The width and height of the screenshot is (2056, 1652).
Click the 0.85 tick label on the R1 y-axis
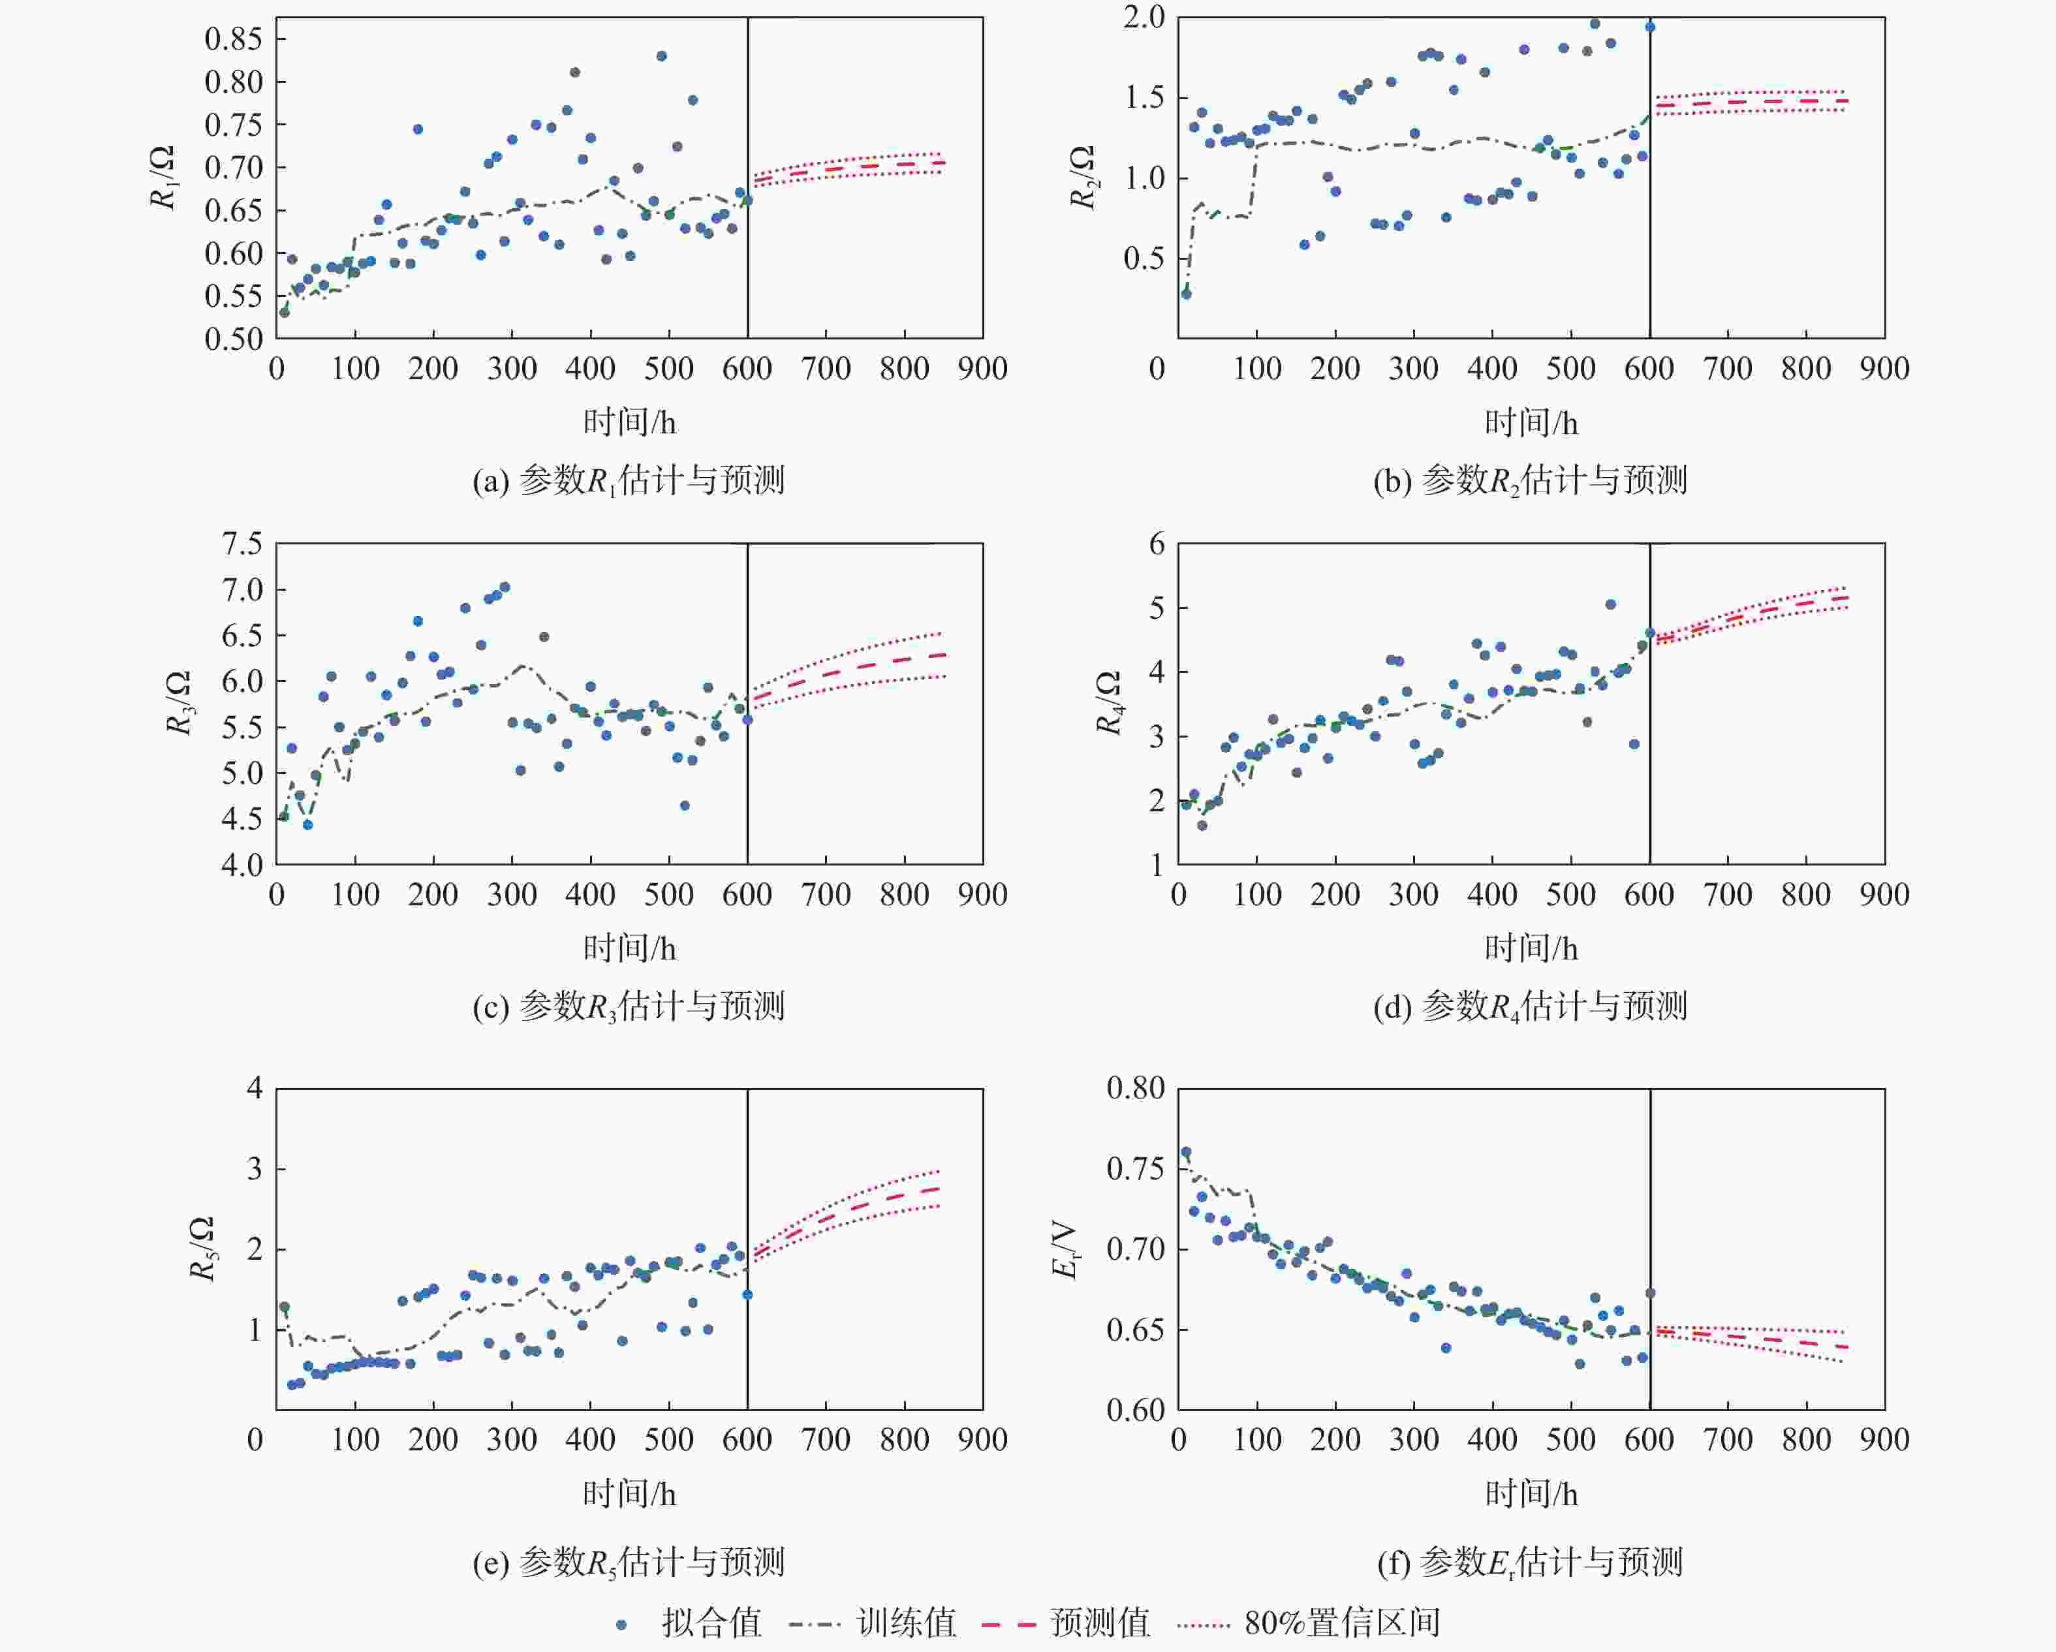[x=232, y=39]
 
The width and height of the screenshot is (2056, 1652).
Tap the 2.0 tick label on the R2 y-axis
[x=1144, y=17]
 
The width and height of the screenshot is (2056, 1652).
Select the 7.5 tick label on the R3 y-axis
[x=241, y=544]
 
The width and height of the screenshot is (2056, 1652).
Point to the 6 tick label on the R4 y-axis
[x=1157, y=544]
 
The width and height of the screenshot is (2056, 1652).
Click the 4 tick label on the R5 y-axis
[x=255, y=1088]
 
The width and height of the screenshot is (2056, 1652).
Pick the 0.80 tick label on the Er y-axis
[x=1135, y=1088]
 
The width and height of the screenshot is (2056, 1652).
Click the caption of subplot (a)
[x=629, y=480]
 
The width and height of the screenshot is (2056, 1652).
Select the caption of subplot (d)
[x=1530, y=1006]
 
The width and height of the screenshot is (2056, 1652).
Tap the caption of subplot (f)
[x=1530, y=1563]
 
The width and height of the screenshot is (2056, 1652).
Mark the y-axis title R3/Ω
[x=178, y=703]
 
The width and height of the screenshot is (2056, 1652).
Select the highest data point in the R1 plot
[x=661, y=56]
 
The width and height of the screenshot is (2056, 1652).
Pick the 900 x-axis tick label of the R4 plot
[x=1884, y=895]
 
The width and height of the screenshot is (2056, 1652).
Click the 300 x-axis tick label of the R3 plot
[x=512, y=895]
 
